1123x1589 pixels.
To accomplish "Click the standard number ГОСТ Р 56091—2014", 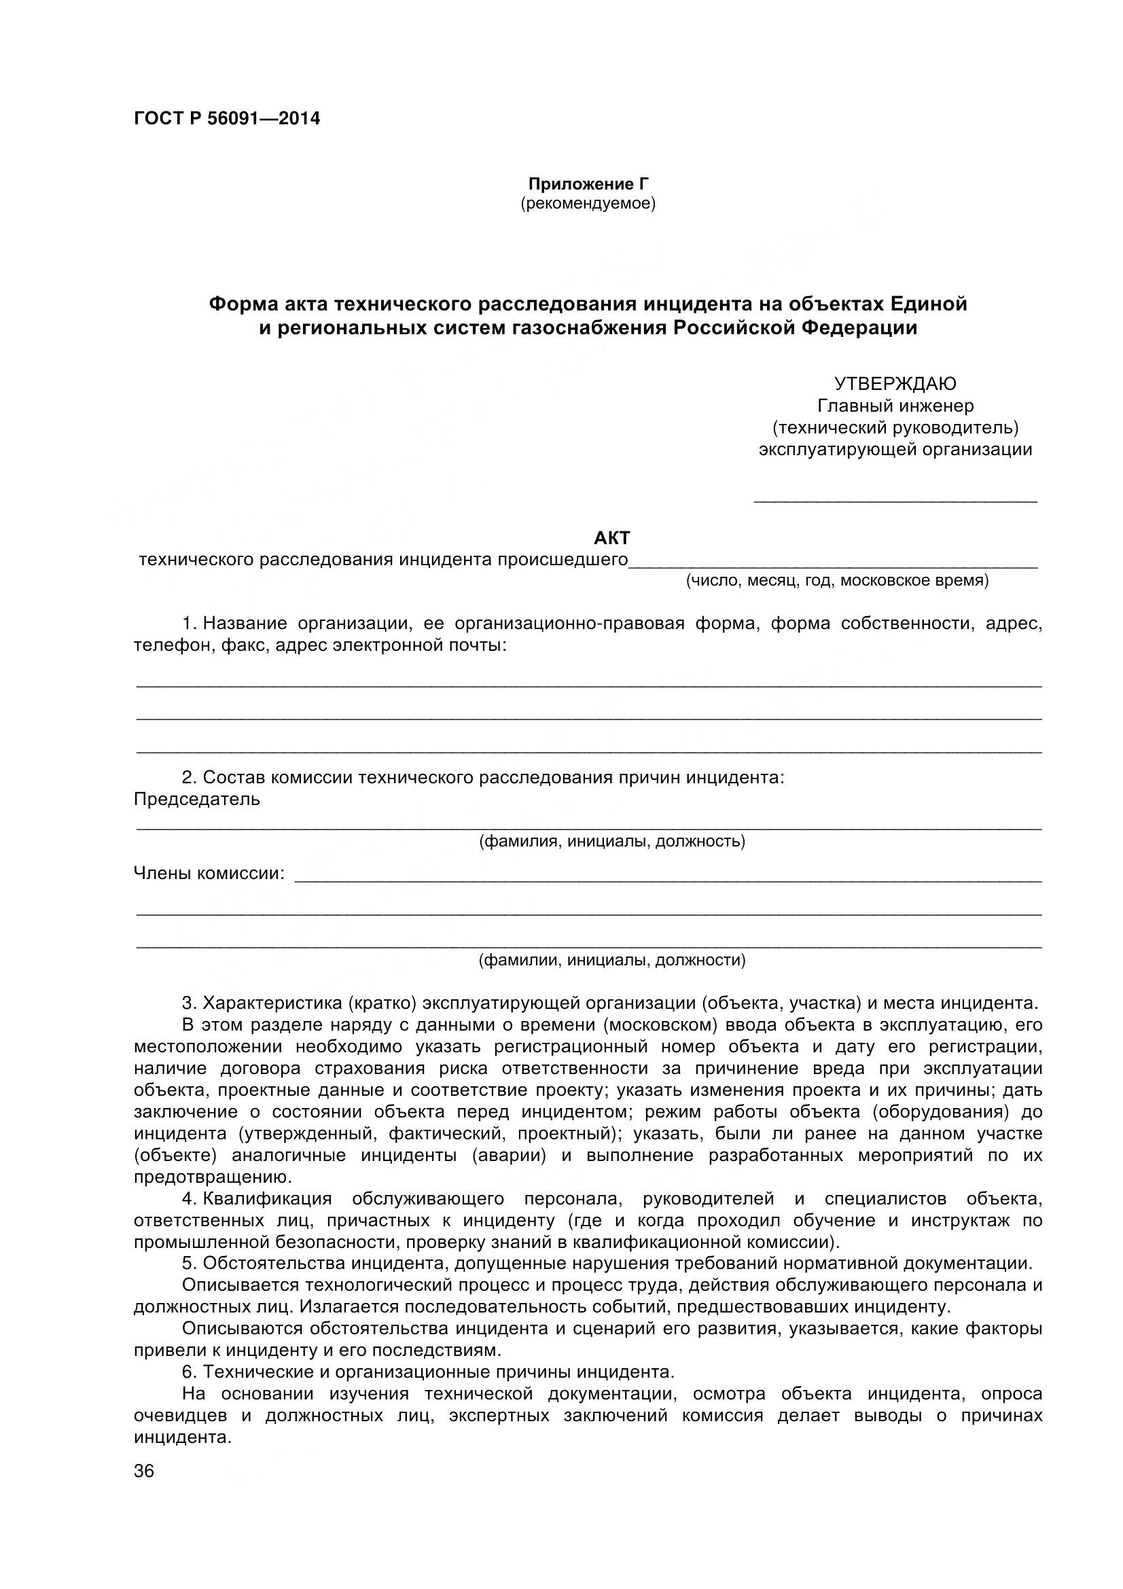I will tap(227, 119).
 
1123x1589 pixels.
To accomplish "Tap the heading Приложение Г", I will tap(588, 184).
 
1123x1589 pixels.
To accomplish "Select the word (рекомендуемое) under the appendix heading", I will tap(588, 204).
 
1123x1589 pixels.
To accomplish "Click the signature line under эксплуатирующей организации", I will tap(895, 500).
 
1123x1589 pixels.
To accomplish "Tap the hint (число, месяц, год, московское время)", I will tap(837, 581).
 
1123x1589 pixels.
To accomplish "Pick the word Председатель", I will tap(197, 800).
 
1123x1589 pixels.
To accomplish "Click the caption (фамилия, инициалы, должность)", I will tap(611, 842).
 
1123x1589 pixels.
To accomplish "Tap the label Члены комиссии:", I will tap(209, 874).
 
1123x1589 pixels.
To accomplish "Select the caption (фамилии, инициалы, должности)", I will tap(611, 960).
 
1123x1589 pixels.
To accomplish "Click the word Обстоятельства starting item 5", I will tap(274, 1264).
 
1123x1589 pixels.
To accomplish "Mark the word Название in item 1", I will tap(245, 624).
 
